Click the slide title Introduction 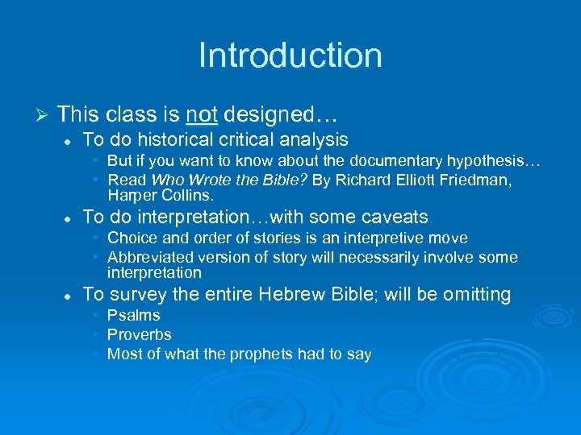click(x=290, y=56)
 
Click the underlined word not click(x=201, y=114)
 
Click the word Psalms click(x=134, y=316)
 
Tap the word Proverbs click(x=140, y=334)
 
